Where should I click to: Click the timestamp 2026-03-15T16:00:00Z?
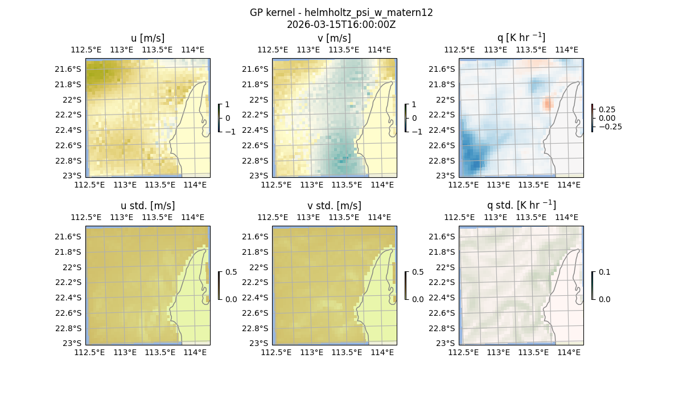click(341, 25)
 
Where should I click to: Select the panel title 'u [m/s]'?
click(147, 38)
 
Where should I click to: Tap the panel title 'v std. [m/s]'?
click(334, 206)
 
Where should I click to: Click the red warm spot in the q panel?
click(548, 104)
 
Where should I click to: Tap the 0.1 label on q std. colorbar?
click(604, 272)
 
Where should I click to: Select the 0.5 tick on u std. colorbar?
click(231, 272)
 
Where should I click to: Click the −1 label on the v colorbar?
click(417, 132)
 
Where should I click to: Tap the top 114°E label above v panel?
click(380, 50)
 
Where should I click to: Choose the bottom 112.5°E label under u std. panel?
click(90, 352)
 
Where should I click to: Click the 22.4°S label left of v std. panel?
click(257, 298)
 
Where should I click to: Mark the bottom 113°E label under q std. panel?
click(498, 352)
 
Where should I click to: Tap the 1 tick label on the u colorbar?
click(228, 104)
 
